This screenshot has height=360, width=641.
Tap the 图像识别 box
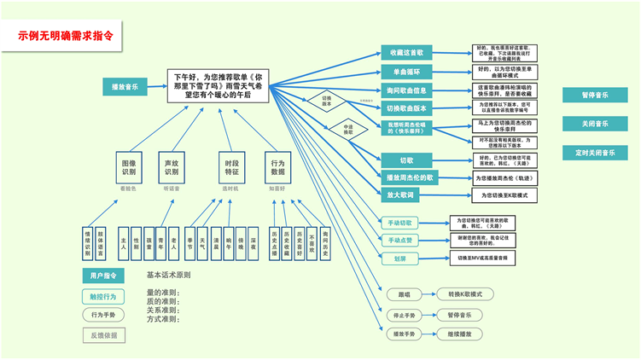pos(128,166)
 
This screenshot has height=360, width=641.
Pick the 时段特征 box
pos(231,166)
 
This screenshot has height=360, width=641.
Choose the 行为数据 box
pos(277,166)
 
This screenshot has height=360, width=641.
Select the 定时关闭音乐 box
pos(595,153)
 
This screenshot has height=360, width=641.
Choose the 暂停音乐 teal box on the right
pos(595,96)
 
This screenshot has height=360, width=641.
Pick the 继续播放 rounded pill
pos(459,334)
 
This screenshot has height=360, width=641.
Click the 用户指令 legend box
pos(103,276)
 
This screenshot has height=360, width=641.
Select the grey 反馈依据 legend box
pos(103,335)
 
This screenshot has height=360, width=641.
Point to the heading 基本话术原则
pos(168,276)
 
